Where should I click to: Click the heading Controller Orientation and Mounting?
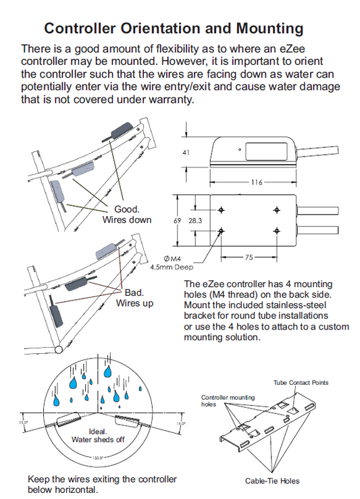174,28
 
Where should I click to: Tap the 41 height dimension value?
186,153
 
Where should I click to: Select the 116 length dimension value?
257,182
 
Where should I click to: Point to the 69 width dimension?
177,221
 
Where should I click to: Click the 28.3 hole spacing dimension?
195,221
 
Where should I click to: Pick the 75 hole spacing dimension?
249,257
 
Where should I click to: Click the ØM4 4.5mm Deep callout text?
172,263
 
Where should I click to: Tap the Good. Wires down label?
127,215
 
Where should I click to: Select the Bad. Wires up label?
134,298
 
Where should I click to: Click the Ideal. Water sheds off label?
98,436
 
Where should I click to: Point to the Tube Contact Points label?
301,383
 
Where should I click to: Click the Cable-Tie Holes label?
272,481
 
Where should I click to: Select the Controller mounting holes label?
228,400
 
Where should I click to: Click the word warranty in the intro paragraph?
171,100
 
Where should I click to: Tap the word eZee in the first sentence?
292,49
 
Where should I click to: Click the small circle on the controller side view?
240,149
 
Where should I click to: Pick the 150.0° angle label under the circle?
98,458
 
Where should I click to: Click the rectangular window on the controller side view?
266,151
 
